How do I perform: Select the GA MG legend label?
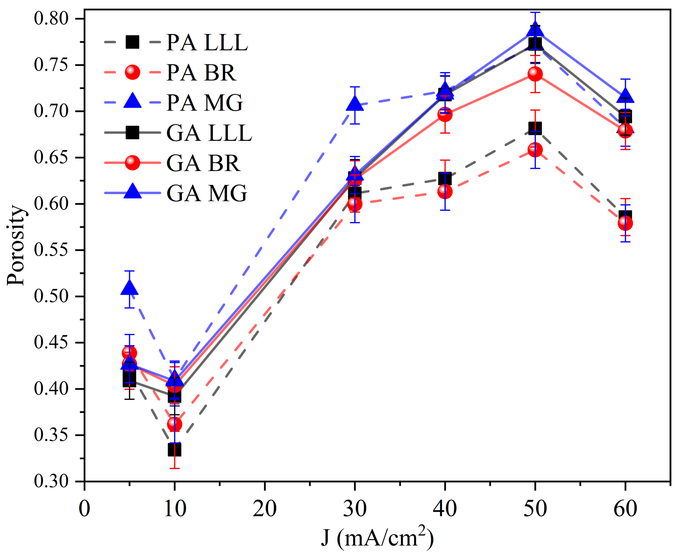pyautogui.click(x=207, y=193)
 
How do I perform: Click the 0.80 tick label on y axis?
pyautogui.click(x=51, y=18)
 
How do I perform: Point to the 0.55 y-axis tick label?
pyautogui.click(x=51, y=250)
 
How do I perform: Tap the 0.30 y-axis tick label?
pyautogui.click(x=51, y=481)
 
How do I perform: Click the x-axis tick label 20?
pyautogui.click(x=265, y=509)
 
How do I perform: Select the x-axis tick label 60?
pyautogui.click(x=625, y=509)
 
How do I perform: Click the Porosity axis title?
pyautogui.click(x=16, y=245)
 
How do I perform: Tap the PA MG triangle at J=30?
pyautogui.click(x=355, y=104)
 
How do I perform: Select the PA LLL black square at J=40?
pyautogui.click(x=445, y=179)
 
